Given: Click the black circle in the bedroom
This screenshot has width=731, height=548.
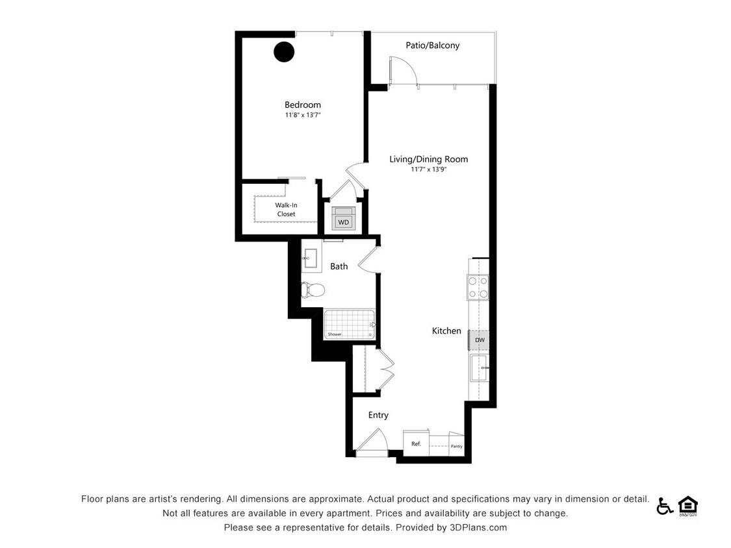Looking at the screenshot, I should [284, 52].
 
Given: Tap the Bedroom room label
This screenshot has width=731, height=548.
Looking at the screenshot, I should [302, 105].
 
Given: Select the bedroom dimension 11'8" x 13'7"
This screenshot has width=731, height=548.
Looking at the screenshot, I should [302, 115].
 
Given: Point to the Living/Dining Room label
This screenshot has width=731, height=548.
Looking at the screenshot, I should [428, 159].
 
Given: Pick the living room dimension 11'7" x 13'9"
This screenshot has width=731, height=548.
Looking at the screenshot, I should [428, 169].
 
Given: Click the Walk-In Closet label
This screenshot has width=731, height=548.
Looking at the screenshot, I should [286, 210].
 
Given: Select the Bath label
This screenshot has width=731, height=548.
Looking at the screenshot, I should [339, 266].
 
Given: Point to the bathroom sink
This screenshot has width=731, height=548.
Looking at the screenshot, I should [310, 260].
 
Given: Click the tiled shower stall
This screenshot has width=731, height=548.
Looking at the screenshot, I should [350, 323].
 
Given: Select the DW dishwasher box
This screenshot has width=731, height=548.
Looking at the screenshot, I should [479, 340].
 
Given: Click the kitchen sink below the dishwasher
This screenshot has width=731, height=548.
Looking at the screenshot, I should [480, 368].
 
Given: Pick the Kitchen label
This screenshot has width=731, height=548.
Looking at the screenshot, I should [446, 331].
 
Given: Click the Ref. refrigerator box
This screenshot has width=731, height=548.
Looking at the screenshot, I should [416, 443].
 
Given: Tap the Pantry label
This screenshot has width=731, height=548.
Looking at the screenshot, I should [456, 446].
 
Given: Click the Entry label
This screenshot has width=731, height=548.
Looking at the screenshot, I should [378, 415].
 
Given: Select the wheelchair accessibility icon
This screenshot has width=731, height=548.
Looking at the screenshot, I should [664, 506].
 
